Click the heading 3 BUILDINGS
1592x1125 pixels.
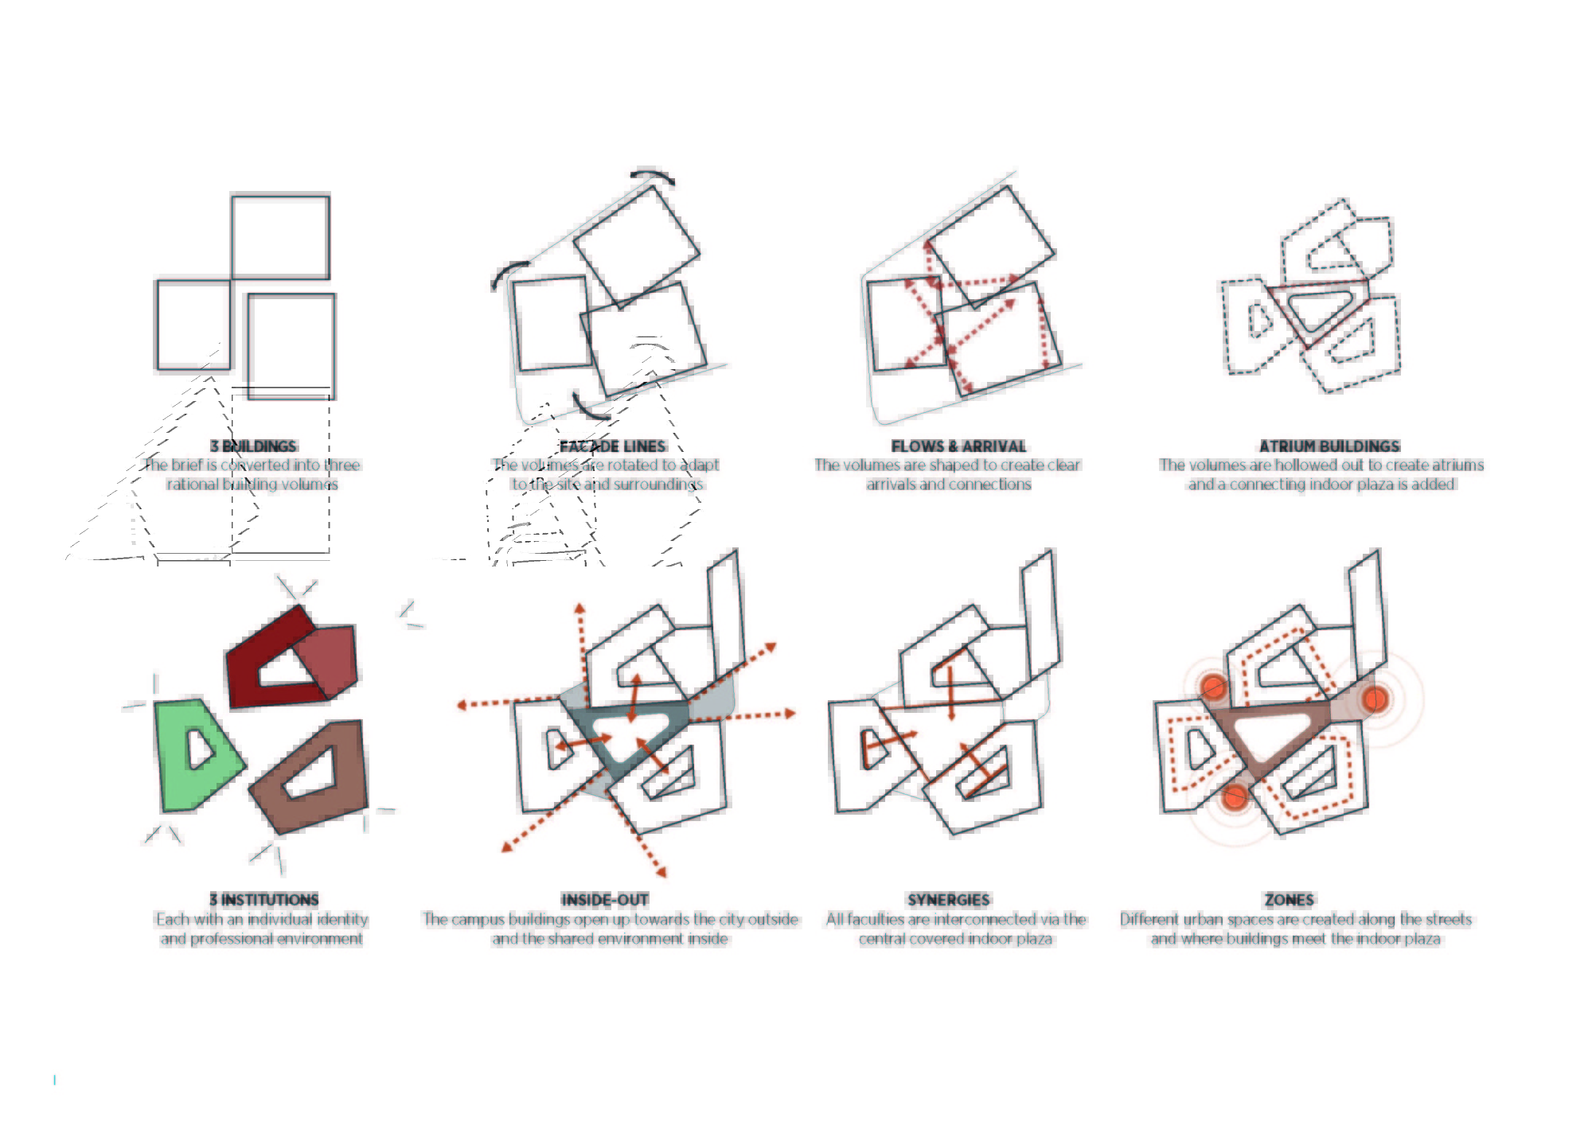pyautogui.click(x=253, y=446)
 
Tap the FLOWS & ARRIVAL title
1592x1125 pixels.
pyautogui.click(x=958, y=446)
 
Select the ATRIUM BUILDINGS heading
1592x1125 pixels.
pyautogui.click(x=1329, y=446)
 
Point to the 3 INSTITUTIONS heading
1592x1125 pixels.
pyautogui.click(x=264, y=900)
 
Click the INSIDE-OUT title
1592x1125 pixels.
pyautogui.click(x=605, y=900)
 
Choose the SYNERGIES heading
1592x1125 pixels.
pyautogui.click(x=949, y=900)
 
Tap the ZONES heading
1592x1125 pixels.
pyautogui.click(x=1290, y=900)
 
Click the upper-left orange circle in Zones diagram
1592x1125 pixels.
pyautogui.click(x=1214, y=687)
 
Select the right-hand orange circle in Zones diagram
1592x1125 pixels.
pyautogui.click(x=1375, y=699)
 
